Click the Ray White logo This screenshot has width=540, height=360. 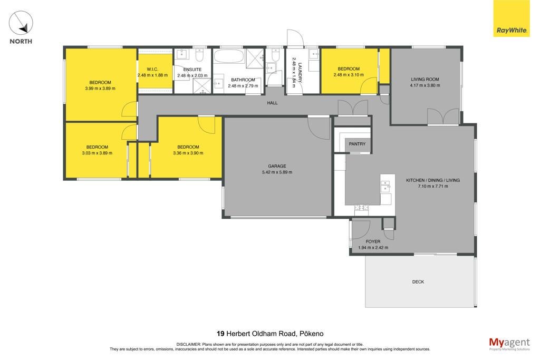click(512, 18)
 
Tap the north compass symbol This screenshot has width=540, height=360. click(21, 23)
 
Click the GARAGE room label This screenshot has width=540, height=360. click(277, 166)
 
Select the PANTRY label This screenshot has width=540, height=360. click(357, 144)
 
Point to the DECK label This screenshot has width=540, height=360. click(418, 282)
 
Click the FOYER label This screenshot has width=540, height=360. click(373, 241)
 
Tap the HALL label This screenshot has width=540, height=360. click(272, 103)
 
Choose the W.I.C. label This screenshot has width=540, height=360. click(152, 69)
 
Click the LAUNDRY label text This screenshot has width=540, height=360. click(300, 73)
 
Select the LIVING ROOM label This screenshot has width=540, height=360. click(425, 79)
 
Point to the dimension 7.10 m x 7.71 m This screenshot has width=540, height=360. click(433, 187)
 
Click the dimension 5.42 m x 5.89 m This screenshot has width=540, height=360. click(277, 172)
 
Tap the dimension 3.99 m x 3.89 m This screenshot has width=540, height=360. click(100, 89)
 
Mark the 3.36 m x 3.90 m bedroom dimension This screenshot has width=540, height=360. click(188, 153)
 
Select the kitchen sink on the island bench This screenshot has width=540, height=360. click(385, 188)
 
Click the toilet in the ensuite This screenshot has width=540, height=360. click(200, 54)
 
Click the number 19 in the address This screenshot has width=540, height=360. click(220, 334)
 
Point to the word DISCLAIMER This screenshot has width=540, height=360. click(188, 344)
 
